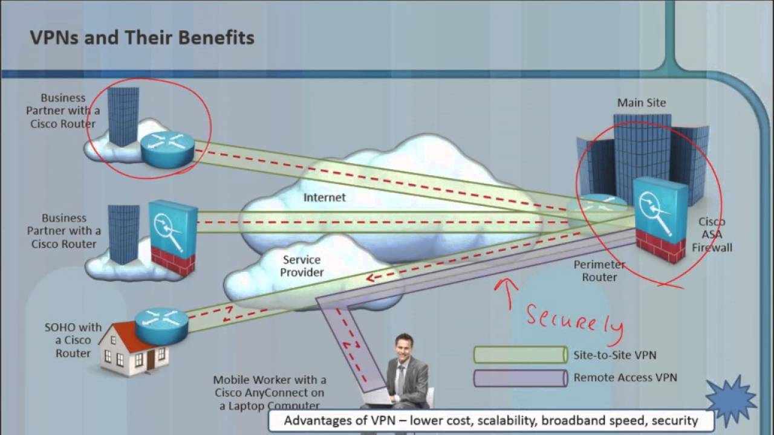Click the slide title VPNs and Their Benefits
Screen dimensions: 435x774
[x=142, y=38]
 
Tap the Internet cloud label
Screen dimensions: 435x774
[x=324, y=198]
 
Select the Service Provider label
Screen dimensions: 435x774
[x=302, y=266]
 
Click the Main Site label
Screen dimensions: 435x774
[x=641, y=103]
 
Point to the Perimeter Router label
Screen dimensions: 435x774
[x=599, y=271]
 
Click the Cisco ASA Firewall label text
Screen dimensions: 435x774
[x=712, y=234]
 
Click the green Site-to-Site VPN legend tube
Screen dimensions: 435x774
[x=521, y=355]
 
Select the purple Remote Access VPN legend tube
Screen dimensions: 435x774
[x=521, y=378]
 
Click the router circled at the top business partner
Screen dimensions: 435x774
[x=167, y=147]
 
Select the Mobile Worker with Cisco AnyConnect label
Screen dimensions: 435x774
[x=269, y=393]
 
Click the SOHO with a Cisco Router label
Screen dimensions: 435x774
[x=73, y=340]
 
